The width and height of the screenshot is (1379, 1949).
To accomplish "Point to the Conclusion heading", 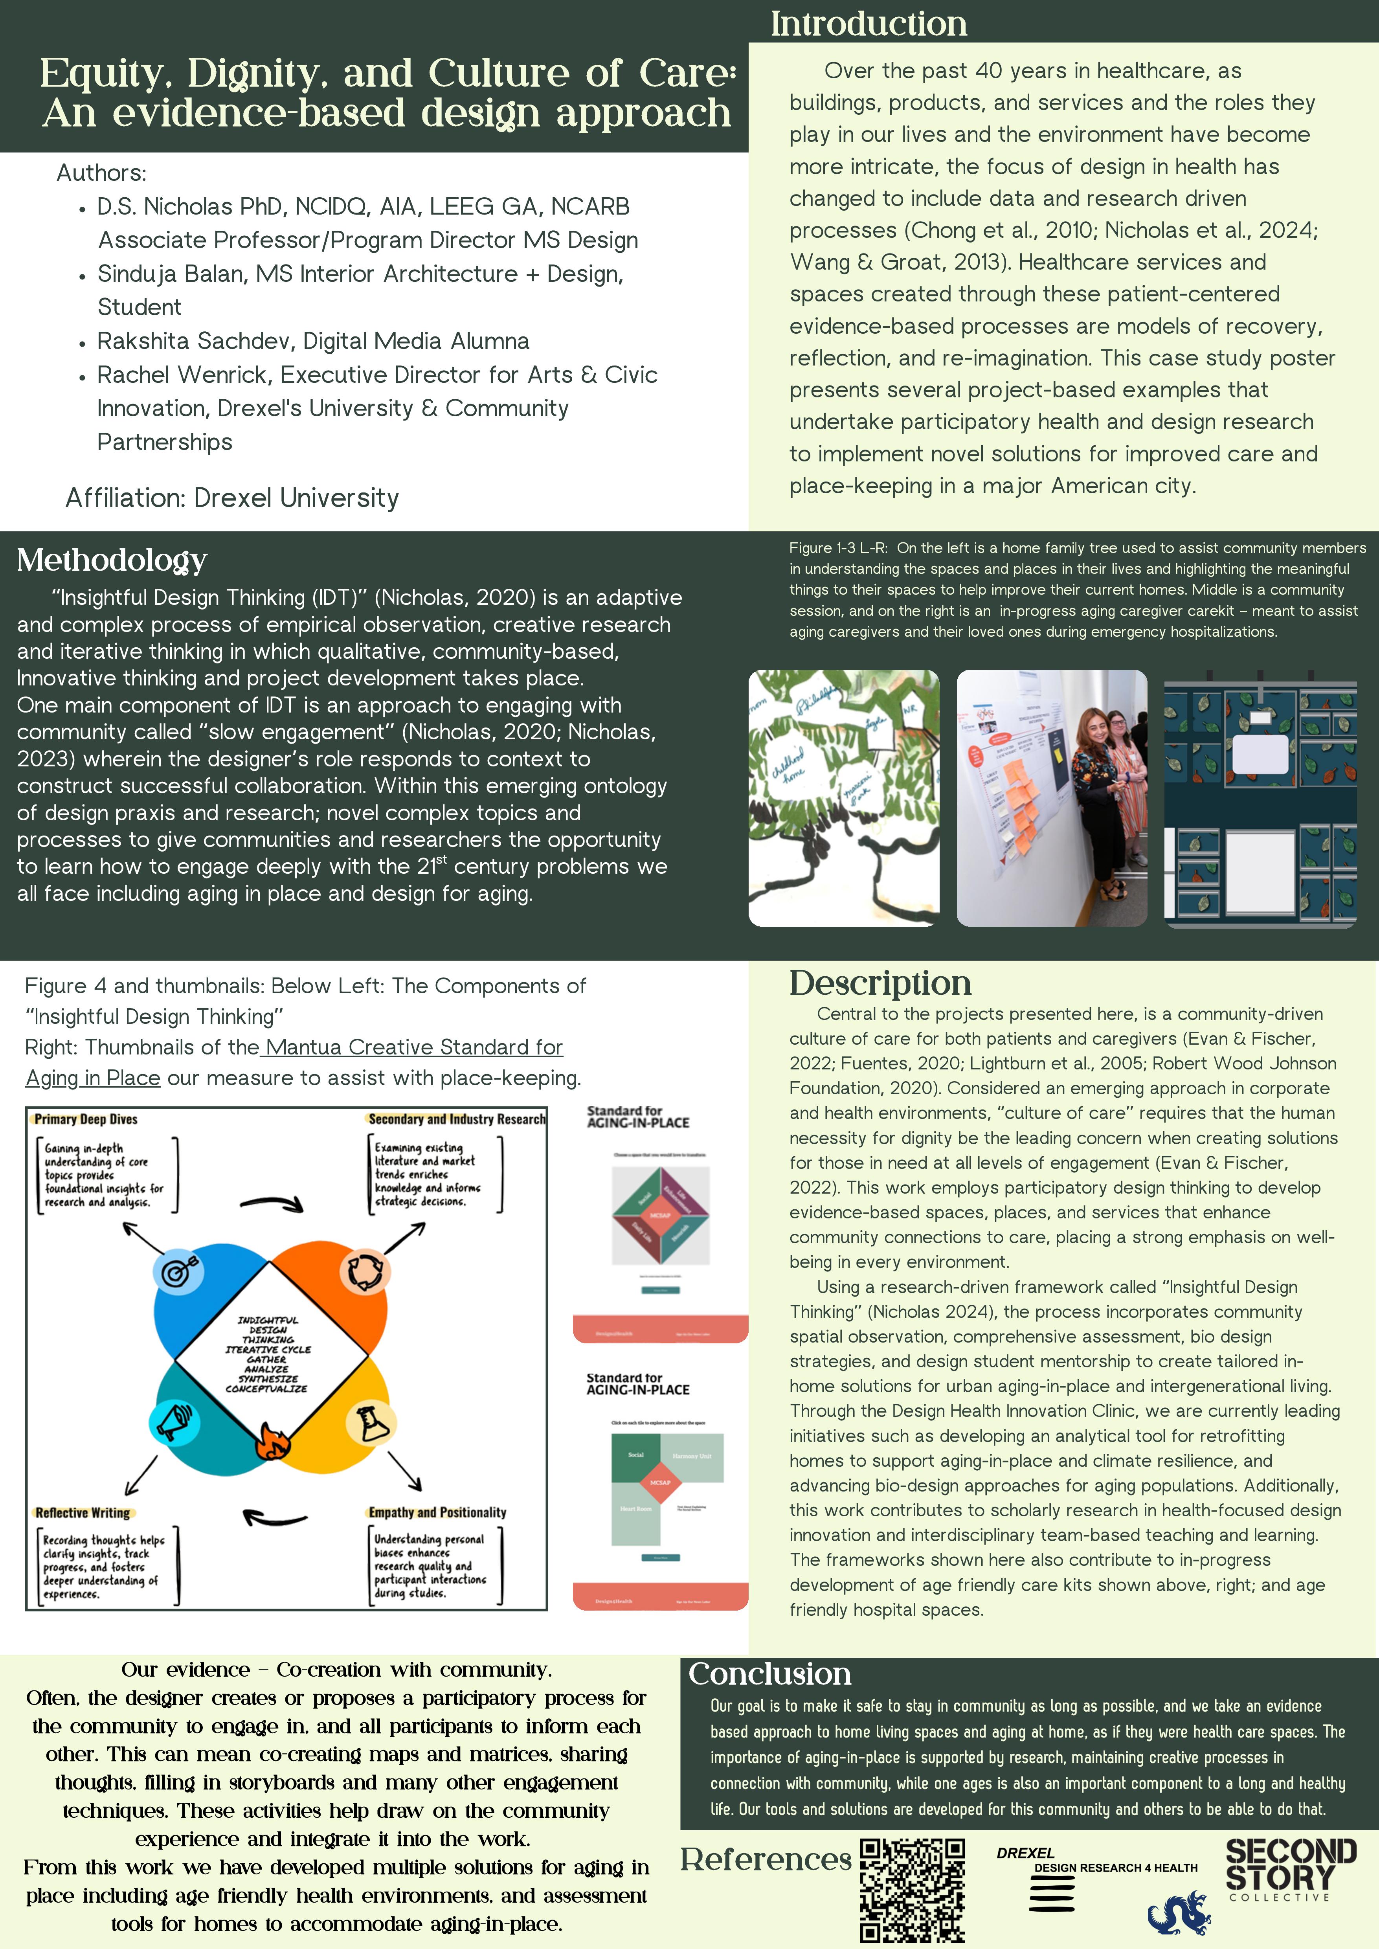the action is coord(769,1674).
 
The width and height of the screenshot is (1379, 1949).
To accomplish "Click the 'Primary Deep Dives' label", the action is coord(86,1119).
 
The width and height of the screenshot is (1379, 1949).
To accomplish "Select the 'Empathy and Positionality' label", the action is coord(437,1512).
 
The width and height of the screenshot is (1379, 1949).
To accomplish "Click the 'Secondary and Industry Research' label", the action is coord(456,1119).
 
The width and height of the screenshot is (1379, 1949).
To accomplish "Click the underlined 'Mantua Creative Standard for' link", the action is coord(413,1047).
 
